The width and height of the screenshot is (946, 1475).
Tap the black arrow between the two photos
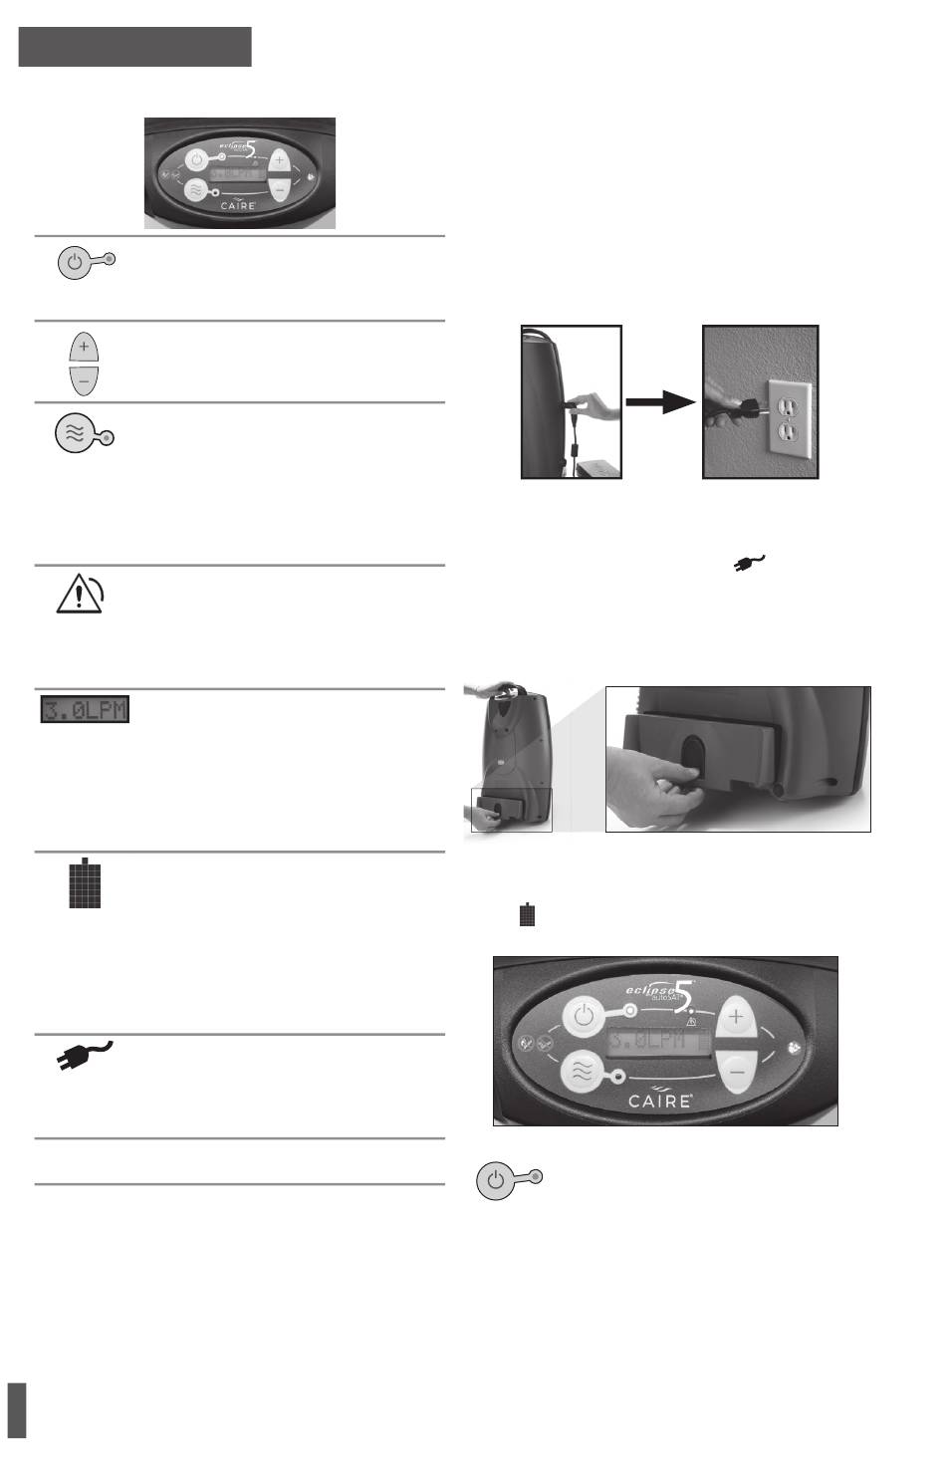[x=662, y=402]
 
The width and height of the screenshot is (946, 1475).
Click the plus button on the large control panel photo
[x=737, y=1017]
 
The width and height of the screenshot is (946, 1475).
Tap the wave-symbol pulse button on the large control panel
[x=584, y=1074]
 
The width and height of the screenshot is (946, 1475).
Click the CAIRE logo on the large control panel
[x=661, y=1102]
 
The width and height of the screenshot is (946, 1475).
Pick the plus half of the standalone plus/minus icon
[x=84, y=349]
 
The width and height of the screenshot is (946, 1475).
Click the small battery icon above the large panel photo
[x=528, y=915]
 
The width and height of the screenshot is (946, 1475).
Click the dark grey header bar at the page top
[x=134, y=47]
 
